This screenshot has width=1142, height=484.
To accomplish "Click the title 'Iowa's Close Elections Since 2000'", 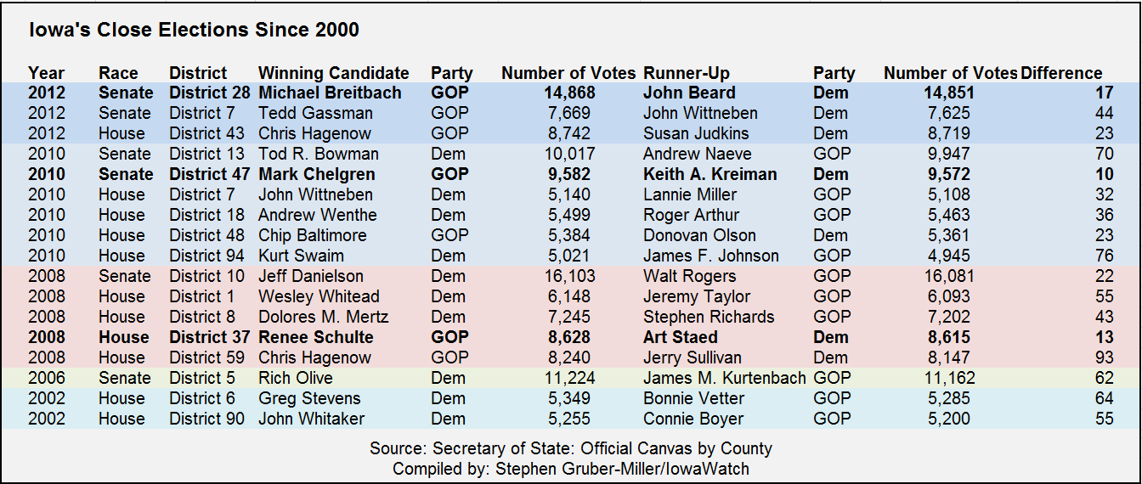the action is [x=195, y=30].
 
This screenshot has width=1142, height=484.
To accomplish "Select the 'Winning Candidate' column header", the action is [x=333, y=73].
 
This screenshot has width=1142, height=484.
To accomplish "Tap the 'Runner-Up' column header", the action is [x=687, y=73].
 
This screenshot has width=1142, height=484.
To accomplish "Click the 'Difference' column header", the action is [x=1061, y=73].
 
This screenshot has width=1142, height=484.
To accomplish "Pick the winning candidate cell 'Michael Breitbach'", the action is [x=330, y=93].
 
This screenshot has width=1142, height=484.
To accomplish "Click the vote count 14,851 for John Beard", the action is [x=949, y=93].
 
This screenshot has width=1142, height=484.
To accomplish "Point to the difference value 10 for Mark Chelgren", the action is [x=1105, y=174].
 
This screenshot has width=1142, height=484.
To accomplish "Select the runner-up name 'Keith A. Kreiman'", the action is [x=710, y=174].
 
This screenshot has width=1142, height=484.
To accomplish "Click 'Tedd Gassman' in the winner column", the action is [x=315, y=113].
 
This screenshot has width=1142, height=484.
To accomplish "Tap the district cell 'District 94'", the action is [x=206, y=256].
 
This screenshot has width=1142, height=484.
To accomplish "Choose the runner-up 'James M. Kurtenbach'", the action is [x=725, y=378].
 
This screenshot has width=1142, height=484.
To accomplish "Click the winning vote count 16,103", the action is [x=569, y=276].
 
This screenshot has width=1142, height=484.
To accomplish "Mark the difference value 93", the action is [x=1105, y=357].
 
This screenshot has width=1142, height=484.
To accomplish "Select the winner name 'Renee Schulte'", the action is [x=315, y=337].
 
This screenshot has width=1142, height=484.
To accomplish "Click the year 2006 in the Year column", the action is [x=47, y=378].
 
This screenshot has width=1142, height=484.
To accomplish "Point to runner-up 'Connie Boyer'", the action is [x=693, y=419].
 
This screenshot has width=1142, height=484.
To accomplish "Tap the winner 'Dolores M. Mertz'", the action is [x=323, y=317].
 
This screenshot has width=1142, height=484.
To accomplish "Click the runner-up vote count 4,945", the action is [x=949, y=256].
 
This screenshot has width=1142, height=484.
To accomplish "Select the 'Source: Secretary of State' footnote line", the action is [x=571, y=448].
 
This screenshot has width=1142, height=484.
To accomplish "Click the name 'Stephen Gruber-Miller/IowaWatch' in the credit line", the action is [x=622, y=469].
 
